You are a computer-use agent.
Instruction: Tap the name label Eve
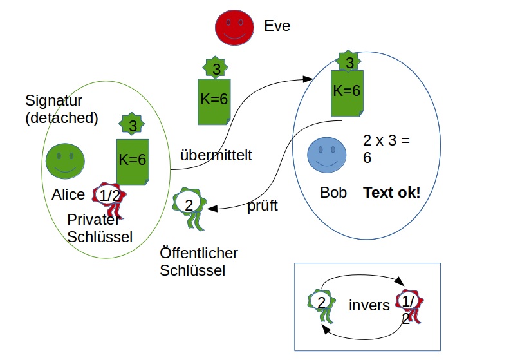(x=277, y=26)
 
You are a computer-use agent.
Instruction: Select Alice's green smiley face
(x=65, y=160)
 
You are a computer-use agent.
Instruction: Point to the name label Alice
(x=69, y=194)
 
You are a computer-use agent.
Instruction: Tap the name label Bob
(x=333, y=193)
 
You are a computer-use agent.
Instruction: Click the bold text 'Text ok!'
(x=391, y=192)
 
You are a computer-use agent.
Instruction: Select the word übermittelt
(x=216, y=155)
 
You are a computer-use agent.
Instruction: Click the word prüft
(x=263, y=207)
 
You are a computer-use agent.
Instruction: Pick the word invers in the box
(x=369, y=305)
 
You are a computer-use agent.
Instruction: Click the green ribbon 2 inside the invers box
(x=321, y=303)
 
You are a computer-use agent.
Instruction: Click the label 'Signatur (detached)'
(x=62, y=109)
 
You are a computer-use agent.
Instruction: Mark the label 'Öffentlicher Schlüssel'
(x=199, y=261)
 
